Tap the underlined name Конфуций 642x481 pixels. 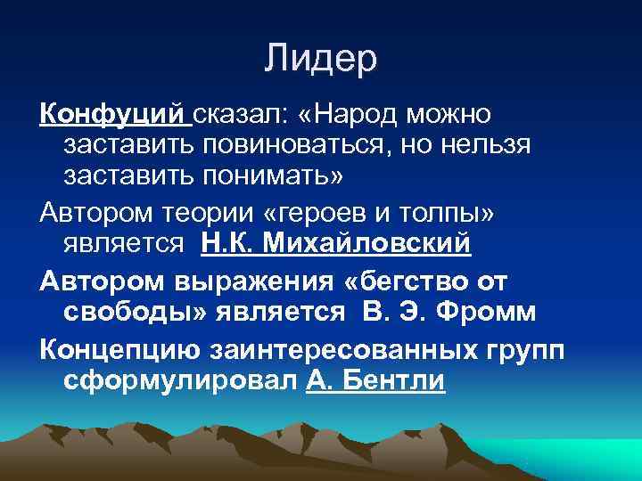point(111,115)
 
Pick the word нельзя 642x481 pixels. point(492,144)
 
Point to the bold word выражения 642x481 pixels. point(240,281)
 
